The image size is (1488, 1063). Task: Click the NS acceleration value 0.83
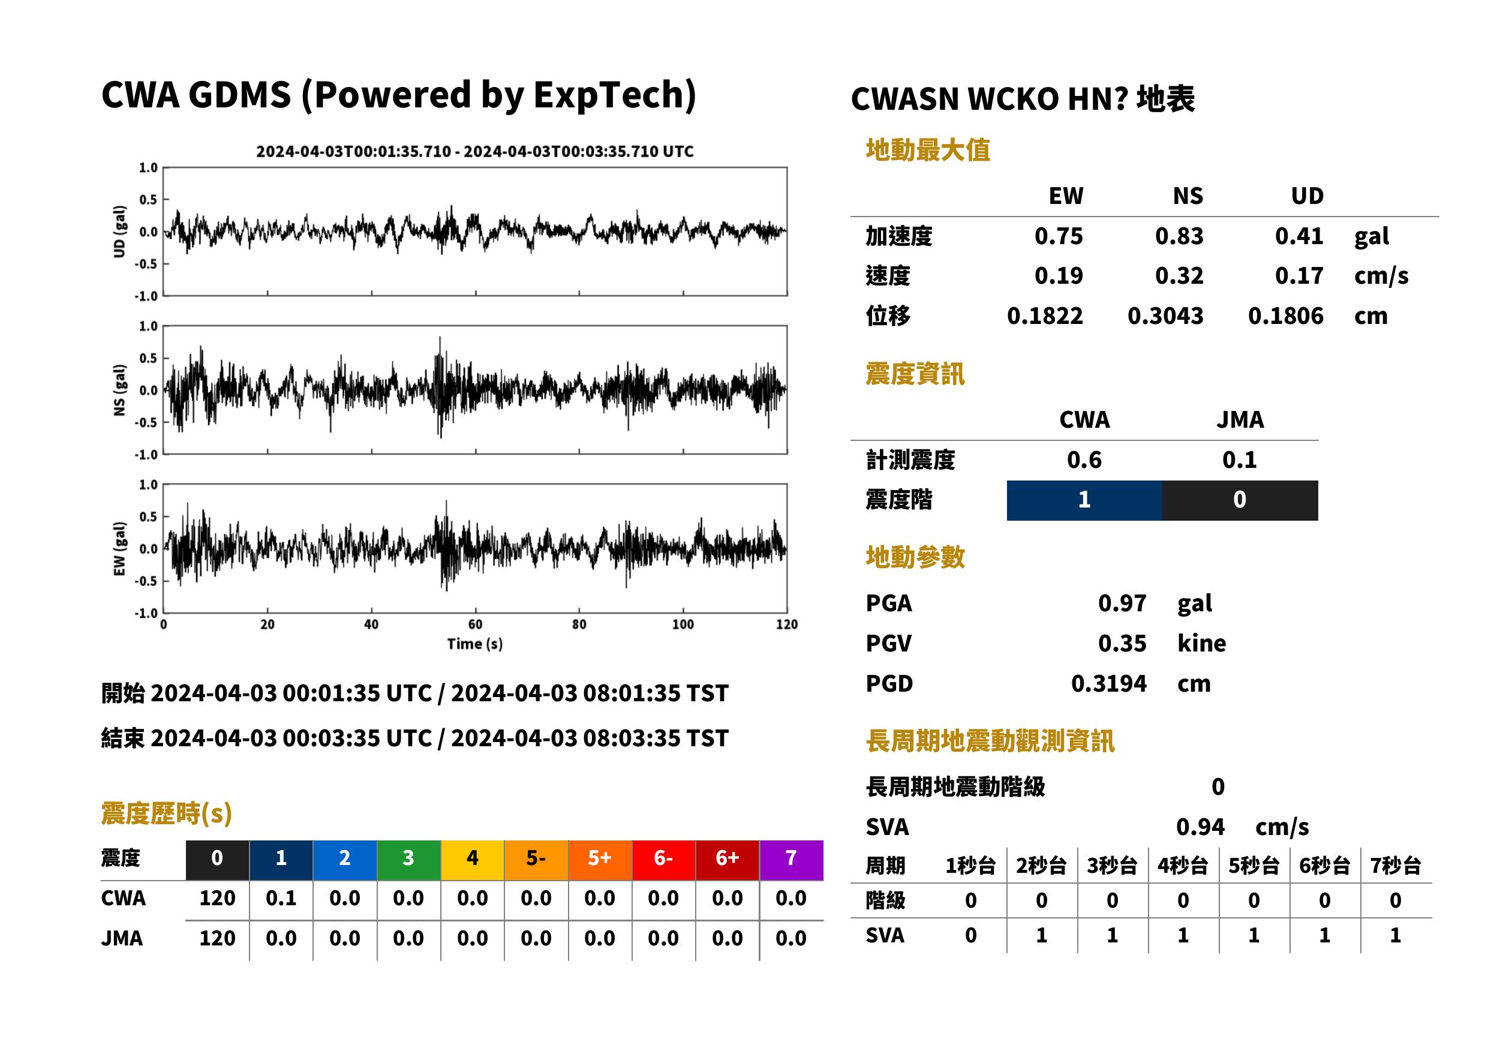[1179, 236]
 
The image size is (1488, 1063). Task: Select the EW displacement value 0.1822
[1044, 316]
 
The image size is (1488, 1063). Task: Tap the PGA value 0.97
[1122, 603]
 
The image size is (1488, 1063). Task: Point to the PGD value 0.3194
[1108, 683]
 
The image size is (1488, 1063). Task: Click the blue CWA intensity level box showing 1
[1084, 500]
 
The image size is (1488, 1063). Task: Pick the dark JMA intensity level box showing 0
[1240, 500]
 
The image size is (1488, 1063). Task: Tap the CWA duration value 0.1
[281, 898]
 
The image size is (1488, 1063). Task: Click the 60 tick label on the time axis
[475, 624]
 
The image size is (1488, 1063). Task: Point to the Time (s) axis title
[475, 644]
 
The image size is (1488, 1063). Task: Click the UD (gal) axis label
[119, 232]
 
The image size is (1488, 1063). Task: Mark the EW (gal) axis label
[119, 548]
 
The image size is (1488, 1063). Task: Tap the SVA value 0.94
[1200, 827]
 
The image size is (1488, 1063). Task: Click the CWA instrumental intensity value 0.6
[1084, 460]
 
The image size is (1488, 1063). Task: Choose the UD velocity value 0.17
[1299, 275]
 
